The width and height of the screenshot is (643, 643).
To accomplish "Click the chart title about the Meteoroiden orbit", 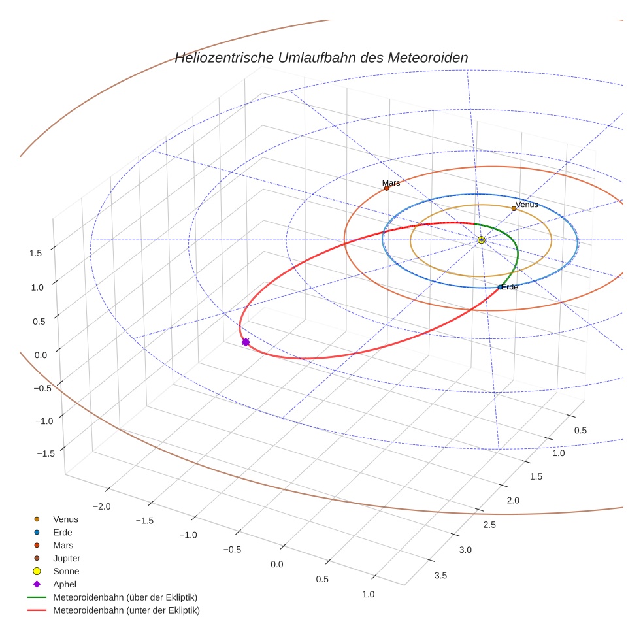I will tap(321, 58).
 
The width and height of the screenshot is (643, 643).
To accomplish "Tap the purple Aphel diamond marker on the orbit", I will tap(246, 342).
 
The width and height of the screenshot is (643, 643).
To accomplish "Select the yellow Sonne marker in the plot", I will tap(481, 240).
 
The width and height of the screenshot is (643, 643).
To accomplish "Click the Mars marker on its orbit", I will tap(387, 188).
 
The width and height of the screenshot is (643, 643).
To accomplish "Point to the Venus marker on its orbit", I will tap(514, 209).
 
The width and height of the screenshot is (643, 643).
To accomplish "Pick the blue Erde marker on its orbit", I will tap(500, 287).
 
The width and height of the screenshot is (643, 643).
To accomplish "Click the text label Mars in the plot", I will tap(391, 183).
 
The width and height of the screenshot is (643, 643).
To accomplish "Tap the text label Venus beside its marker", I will tap(527, 205).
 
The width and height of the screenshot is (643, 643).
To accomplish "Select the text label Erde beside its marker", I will tap(510, 287).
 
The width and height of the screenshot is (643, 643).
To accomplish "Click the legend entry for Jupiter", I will tap(66, 558).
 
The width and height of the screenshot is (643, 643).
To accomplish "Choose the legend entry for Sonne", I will tap(66, 571).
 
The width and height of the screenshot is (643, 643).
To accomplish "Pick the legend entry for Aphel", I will tap(65, 584).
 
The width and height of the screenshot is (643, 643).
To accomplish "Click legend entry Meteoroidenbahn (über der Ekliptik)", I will tap(125, 597).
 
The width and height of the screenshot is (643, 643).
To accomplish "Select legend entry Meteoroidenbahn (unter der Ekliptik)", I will tap(126, 610).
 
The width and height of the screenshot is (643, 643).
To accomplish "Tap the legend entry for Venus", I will tap(65, 519).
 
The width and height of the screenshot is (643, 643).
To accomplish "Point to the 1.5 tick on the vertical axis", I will tap(37, 252).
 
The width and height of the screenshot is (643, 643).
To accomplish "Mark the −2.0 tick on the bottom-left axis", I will tap(103, 506).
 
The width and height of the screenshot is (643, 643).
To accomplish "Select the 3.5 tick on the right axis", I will tap(440, 575).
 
